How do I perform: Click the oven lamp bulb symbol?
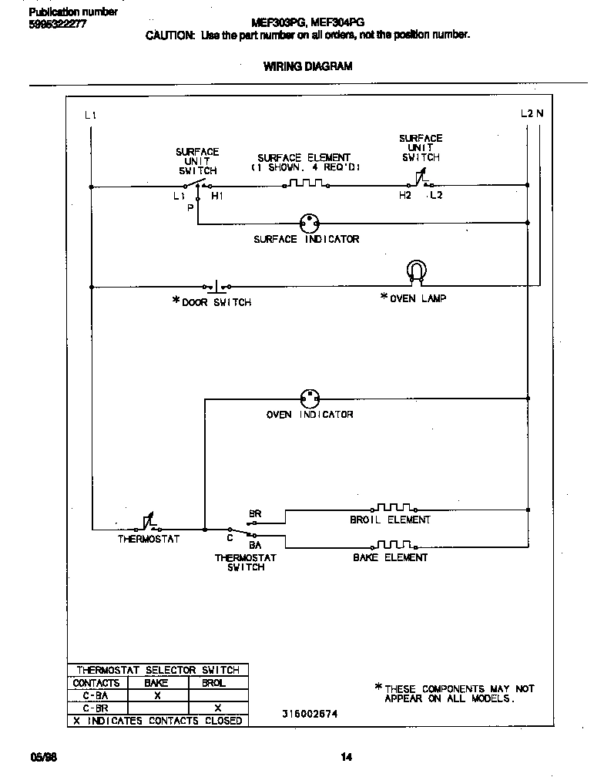click(x=416, y=272)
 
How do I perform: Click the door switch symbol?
click(x=216, y=285)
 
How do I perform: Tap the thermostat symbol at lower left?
click(x=149, y=525)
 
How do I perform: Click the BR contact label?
click(x=254, y=513)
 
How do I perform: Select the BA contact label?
click(x=255, y=544)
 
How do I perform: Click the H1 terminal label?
click(x=217, y=197)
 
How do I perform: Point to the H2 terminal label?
click(x=405, y=196)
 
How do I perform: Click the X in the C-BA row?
click(x=157, y=695)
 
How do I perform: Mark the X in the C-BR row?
click(x=217, y=708)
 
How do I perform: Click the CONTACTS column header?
click(x=96, y=683)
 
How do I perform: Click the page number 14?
click(x=347, y=757)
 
